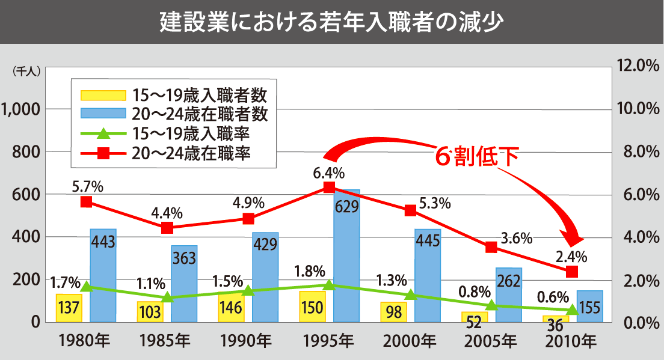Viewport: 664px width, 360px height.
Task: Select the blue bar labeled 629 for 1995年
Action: coord(346,258)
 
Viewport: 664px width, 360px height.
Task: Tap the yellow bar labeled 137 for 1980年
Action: coord(69,308)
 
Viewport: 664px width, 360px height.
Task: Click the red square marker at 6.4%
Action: coord(328,188)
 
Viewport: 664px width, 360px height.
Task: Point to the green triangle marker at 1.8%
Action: coord(328,285)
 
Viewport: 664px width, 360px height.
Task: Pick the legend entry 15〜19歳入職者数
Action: coord(174,94)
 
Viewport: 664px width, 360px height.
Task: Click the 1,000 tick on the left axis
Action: coord(22,109)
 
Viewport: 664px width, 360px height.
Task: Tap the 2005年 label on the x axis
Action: coord(491,342)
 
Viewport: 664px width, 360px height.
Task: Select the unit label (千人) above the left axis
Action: coord(26,71)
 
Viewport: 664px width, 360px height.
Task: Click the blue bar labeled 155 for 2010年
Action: coord(589,307)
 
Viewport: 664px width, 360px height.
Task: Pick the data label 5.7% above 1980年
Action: coord(87,186)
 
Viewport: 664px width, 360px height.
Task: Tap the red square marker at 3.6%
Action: coord(491,247)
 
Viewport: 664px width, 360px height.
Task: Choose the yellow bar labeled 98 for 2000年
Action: coord(393,311)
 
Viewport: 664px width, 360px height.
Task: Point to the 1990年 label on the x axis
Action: coord(247,342)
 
